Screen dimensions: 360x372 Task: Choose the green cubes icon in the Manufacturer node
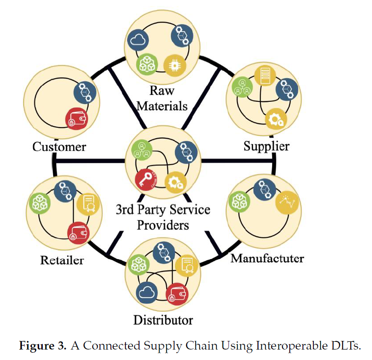click(x=239, y=202)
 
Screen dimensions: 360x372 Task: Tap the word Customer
click(x=59, y=147)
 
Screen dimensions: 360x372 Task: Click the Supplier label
click(x=266, y=146)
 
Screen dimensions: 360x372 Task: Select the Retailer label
click(x=62, y=260)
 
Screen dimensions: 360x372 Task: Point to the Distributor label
click(x=163, y=320)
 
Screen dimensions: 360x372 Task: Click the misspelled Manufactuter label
click(x=267, y=258)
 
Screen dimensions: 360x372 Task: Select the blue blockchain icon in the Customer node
click(x=84, y=93)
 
